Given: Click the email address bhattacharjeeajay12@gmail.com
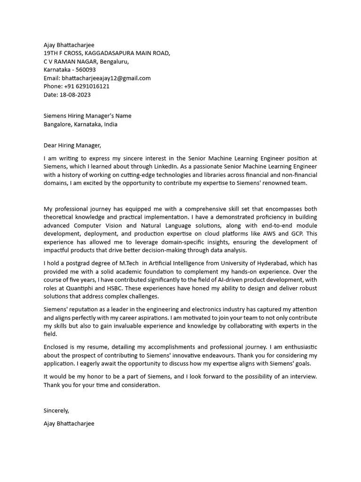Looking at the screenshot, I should [107, 78].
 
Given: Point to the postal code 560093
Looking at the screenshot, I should [86, 70].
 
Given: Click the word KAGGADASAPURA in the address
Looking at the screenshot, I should [103, 53].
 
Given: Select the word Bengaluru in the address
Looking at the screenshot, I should [114, 62].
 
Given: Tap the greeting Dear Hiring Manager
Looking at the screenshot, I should [72, 145].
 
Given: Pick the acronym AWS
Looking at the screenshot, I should [284, 233].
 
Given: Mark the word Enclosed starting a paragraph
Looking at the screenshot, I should [56, 347].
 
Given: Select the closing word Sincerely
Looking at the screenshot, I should [56, 410].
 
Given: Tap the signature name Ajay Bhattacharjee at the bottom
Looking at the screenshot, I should [69, 423].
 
